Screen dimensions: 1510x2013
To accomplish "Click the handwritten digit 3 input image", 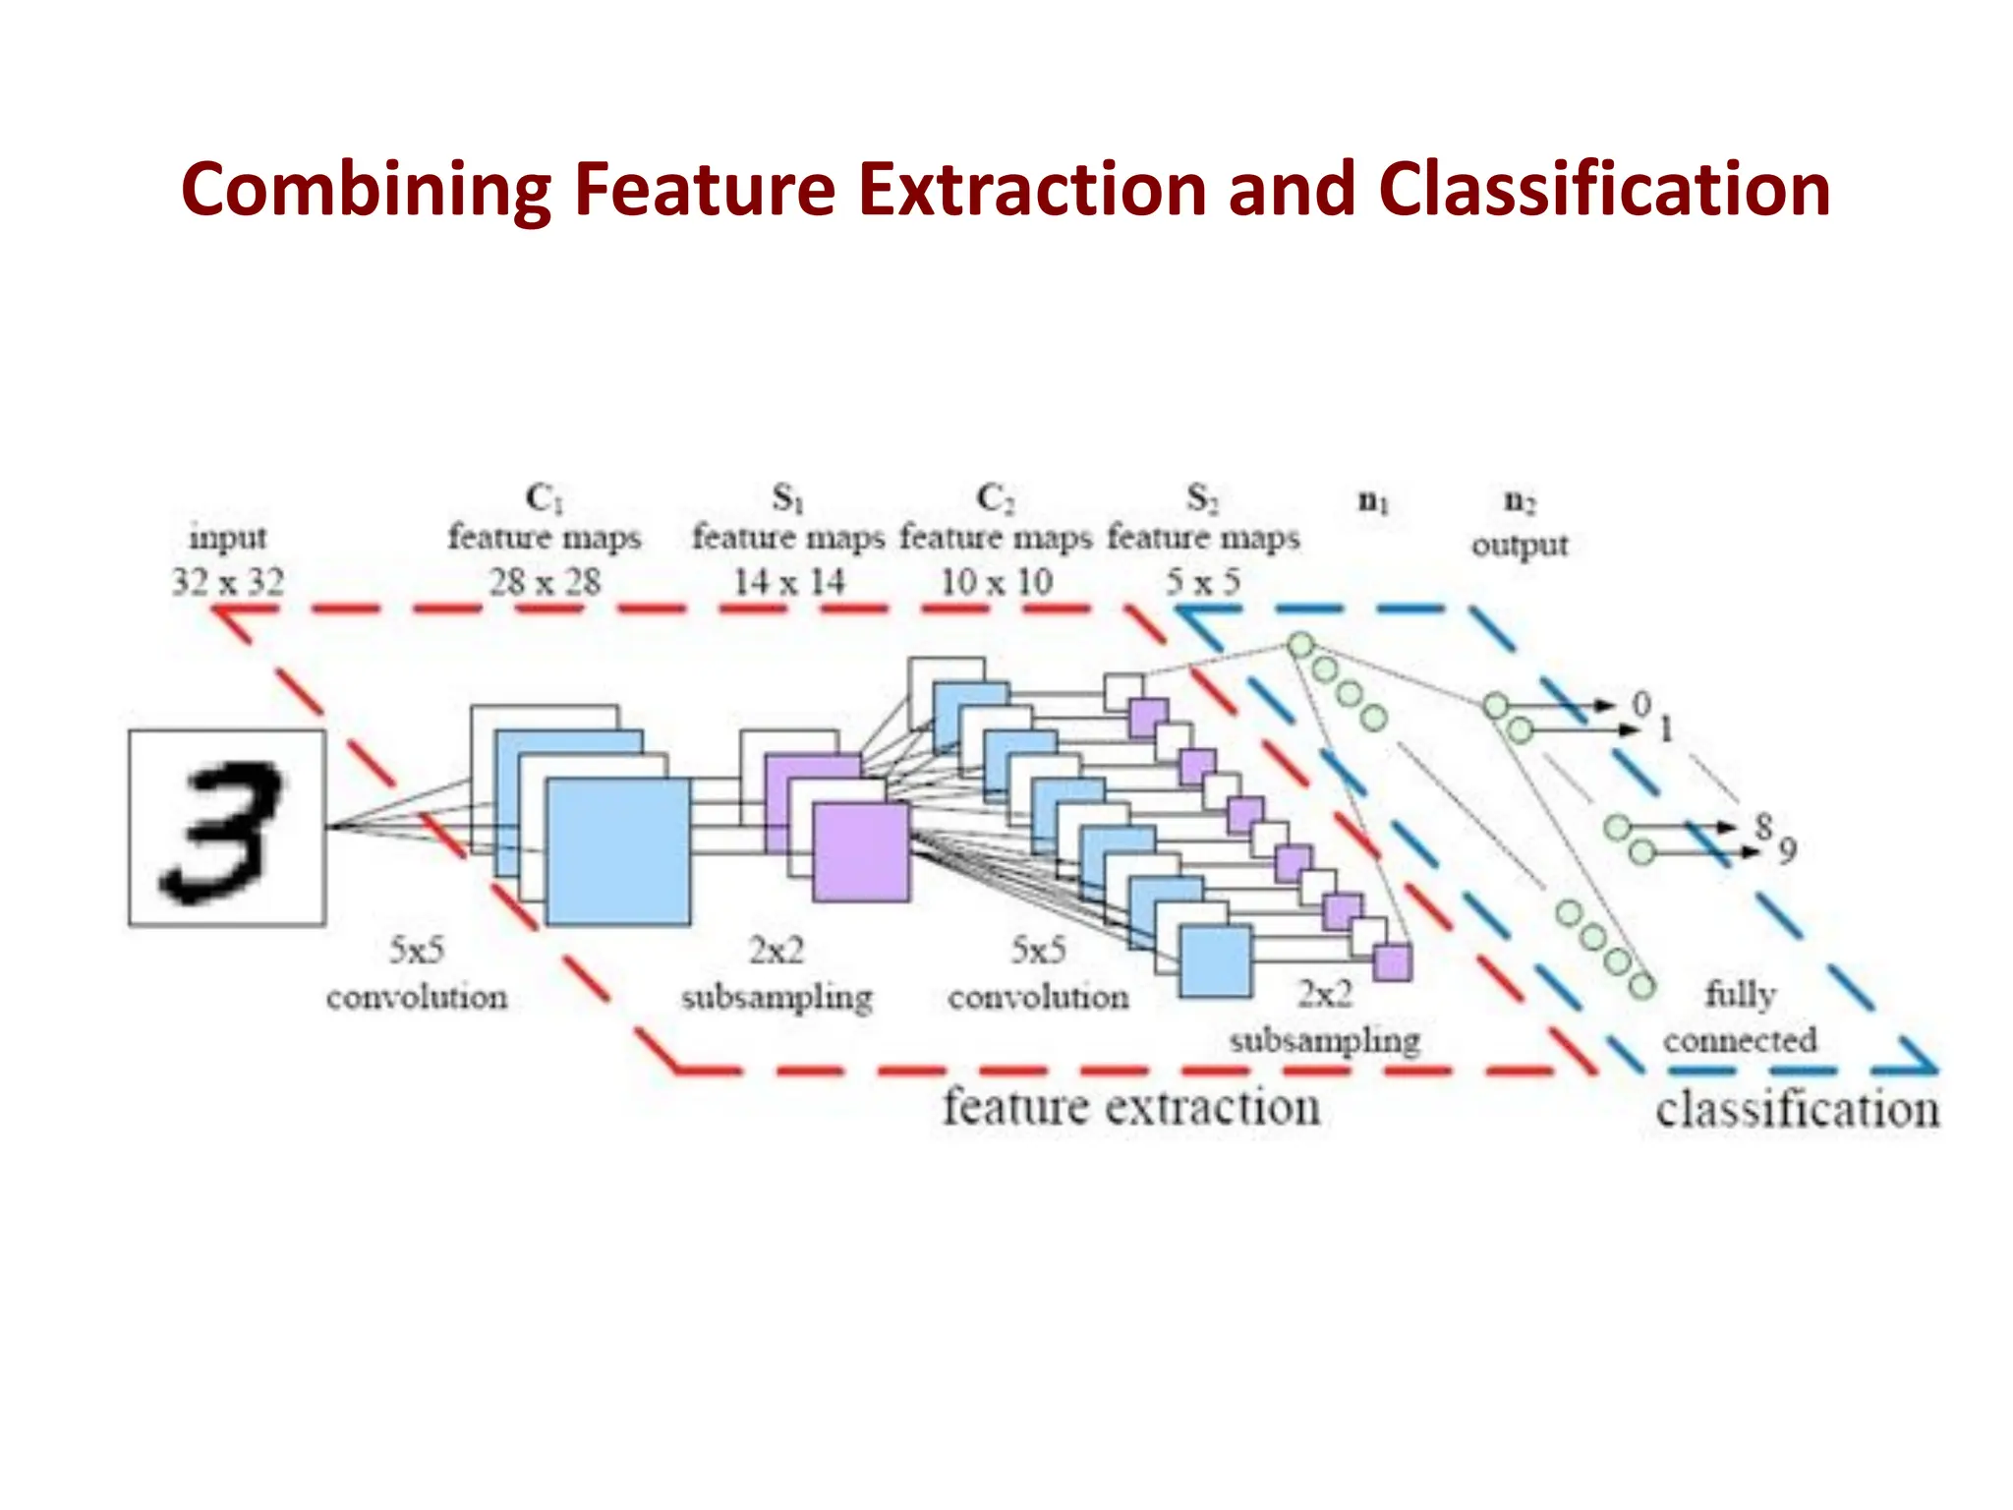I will [227, 828].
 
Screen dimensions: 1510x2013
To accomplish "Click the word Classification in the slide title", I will [1604, 190].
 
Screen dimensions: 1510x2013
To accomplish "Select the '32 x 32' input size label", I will [227, 582].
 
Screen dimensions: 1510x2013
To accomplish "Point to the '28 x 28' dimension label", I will [545, 582].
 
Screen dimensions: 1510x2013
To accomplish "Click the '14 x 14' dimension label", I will [788, 582].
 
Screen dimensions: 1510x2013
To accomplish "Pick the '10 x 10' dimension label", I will [996, 582].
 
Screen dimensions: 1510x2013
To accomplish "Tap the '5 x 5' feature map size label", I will [1203, 582].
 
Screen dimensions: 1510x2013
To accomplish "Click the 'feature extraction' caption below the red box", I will [1130, 1108].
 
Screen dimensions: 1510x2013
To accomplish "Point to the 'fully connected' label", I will [1740, 1016].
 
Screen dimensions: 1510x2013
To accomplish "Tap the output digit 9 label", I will [1787, 849].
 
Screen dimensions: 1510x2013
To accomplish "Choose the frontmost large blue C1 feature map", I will [618, 851].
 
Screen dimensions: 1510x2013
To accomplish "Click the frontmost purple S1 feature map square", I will [861, 852].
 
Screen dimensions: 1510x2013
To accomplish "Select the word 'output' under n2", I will [1520, 545].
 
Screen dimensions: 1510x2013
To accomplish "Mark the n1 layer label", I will [1373, 502].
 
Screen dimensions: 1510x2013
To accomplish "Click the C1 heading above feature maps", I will [544, 498].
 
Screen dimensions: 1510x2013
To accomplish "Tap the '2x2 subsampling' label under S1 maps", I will [776, 973].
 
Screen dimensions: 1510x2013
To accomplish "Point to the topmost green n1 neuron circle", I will [1300, 646].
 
